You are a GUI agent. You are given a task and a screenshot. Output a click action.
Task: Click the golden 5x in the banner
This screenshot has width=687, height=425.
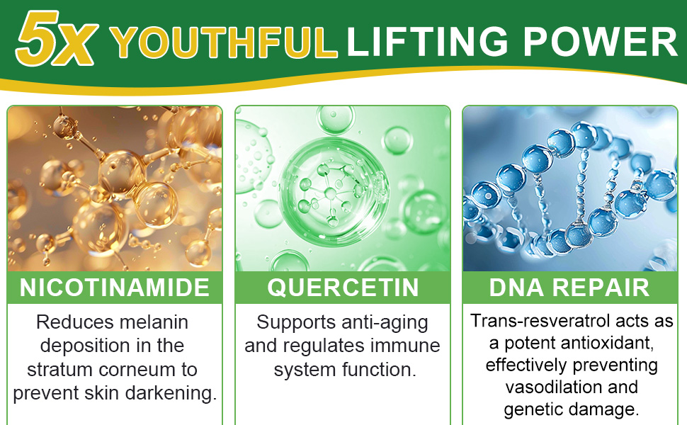click(x=56, y=38)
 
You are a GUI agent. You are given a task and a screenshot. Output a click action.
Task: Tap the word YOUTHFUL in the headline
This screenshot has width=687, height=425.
click(x=223, y=42)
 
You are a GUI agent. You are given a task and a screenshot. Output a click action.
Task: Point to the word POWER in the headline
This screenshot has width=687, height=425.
click(x=601, y=41)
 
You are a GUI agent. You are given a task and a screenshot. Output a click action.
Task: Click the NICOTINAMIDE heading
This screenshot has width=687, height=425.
click(x=114, y=288)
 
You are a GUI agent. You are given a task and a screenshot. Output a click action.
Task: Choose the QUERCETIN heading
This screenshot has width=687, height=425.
click(x=343, y=288)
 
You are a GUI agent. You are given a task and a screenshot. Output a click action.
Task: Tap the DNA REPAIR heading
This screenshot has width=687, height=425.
click(x=569, y=288)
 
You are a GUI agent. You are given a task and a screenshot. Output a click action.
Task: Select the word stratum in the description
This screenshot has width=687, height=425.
click(x=60, y=369)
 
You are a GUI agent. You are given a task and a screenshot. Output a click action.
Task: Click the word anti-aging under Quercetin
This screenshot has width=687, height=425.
click(x=385, y=323)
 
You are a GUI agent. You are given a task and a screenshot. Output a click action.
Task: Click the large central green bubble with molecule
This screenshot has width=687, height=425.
click(x=334, y=192)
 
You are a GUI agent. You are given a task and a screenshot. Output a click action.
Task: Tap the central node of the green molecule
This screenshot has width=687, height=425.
click(x=331, y=193)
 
